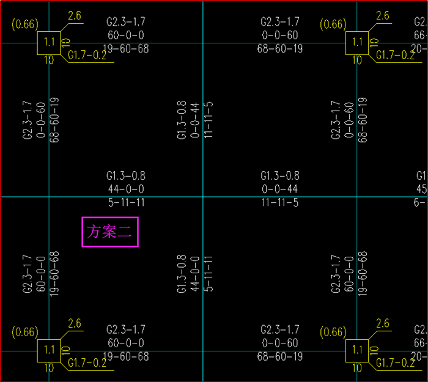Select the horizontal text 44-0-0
point(125,189)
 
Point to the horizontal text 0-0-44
point(280,189)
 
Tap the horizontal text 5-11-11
point(125,202)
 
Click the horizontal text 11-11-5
point(280,202)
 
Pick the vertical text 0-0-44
point(195,120)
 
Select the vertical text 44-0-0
point(195,274)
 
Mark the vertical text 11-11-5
point(208,120)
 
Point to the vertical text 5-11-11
point(208,274)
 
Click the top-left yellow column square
point(50,43)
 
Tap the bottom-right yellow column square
point(358,351)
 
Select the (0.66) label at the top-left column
point(25,25)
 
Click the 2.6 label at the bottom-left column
point(75,323)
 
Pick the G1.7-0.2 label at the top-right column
point(395,55)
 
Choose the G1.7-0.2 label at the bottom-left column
point(87,363)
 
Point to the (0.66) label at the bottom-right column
point(333,332)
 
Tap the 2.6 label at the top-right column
point(383,16)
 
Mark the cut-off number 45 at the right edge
point(421,189)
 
